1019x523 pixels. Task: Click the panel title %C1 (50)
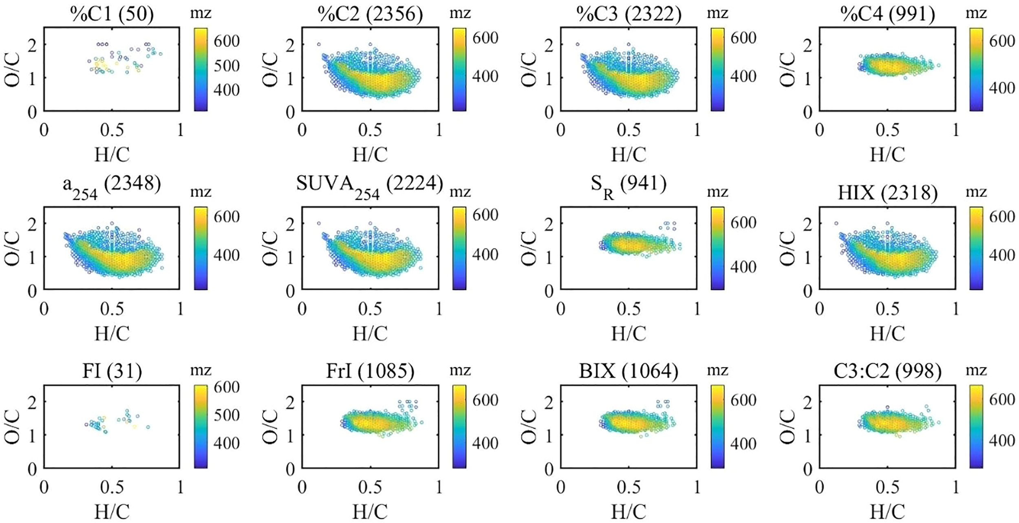click(112, 15)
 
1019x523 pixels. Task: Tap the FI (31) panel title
click(112, 371)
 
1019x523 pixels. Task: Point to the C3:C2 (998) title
click(887, 371)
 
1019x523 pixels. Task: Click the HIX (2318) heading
click(887, 193)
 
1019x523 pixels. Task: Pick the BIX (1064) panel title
click(629, 371)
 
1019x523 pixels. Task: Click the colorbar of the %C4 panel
click(977, 69)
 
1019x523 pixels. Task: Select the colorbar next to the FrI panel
click(459, 426)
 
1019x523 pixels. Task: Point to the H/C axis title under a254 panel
click(112, 333)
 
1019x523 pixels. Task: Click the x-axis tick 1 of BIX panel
click(697, 487)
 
